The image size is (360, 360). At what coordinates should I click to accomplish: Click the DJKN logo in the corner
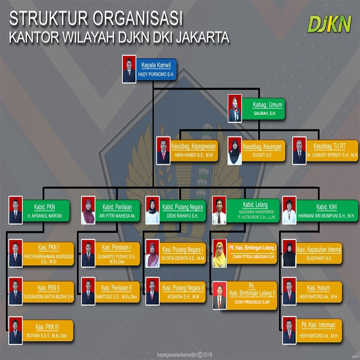[329, 24]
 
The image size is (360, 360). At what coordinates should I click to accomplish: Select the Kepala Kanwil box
[156, 69]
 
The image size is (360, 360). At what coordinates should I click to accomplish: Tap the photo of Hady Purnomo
[129, 69]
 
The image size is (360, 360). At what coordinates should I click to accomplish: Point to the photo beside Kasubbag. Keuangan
[234, 150]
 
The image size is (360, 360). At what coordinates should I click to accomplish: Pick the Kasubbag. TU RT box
[332, 150]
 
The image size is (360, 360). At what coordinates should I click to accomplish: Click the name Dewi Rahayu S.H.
[183, 216]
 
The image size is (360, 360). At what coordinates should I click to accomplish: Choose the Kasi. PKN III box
[48, 331]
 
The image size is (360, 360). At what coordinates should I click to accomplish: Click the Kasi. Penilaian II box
[117, 292]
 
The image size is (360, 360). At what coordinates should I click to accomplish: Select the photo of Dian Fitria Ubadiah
[219, 254]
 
